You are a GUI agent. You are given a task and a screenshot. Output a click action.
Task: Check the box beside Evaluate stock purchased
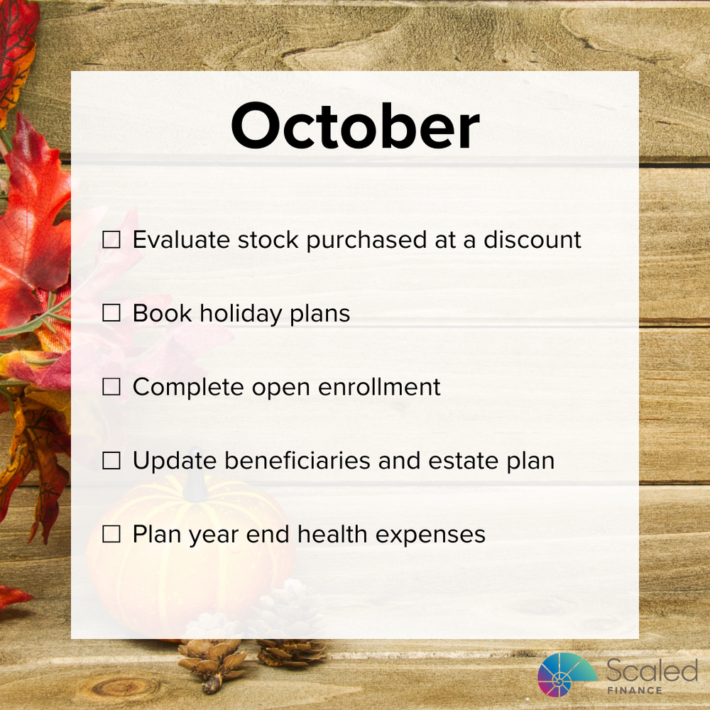[x=111, y=240]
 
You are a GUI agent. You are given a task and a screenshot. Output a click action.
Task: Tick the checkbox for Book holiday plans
[x=111, y=314]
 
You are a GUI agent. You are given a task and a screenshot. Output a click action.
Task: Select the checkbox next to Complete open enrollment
[x=111, y=388]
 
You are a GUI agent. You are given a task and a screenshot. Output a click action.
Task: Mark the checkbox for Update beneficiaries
[x=111, y=461]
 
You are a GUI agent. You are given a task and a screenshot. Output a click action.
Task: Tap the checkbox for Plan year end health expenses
[x=111, y=535]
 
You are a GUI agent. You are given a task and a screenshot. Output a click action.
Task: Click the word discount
[x=532, y=240]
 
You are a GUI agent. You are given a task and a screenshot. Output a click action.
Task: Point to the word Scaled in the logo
[x=652, y=670]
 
